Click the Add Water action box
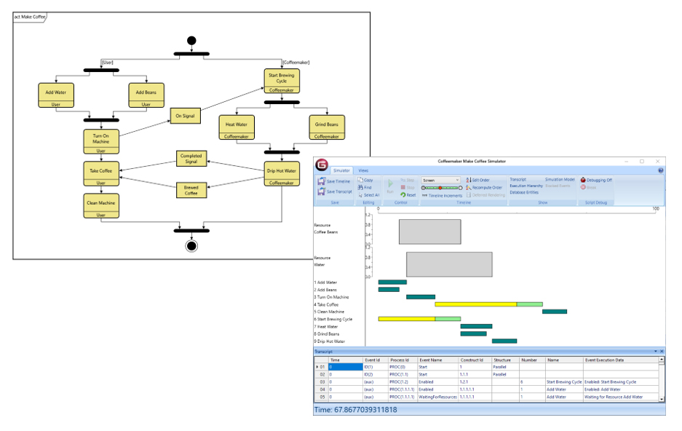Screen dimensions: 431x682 tap(55, 95)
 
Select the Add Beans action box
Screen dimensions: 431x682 tap(146, 95)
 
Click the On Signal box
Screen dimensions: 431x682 tap(186, 116)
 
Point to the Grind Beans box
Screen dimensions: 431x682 tap(326, 127)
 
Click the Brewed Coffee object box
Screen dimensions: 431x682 tap(191, 191)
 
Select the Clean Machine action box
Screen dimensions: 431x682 tap(101, 205)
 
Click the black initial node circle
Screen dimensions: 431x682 tap(191, 40)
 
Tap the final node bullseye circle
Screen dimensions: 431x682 tap(191, 245)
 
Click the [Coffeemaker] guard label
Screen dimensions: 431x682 tap(296, 63)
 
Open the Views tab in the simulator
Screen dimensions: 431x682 tap(363, 170)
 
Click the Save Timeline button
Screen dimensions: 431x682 tap(336, 181)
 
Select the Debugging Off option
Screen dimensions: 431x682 tap(597, 180)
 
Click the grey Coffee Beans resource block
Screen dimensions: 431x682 tap(429, 232)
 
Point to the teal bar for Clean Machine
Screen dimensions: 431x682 tap(554, 312)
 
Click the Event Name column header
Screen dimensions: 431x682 tap(431, 360)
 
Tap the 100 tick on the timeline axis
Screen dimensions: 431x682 tap(655, 209)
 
